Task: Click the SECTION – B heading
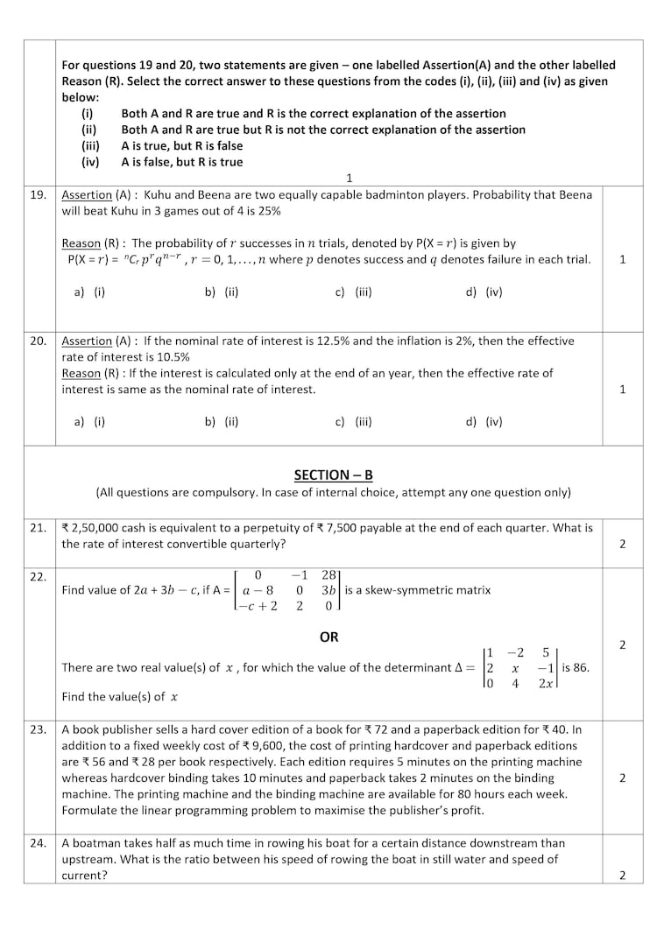(x=333, y=475)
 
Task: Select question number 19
(x=38, y=194)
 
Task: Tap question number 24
(x=38, y=843)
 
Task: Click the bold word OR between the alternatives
(x=328, y=637)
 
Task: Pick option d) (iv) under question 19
(x=484, y=292)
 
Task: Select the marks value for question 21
(x=622, y=544)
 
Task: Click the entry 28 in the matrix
(x=329, y=575)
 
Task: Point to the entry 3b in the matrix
(x=329, y=590)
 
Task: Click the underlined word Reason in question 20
(x=81, y=373)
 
